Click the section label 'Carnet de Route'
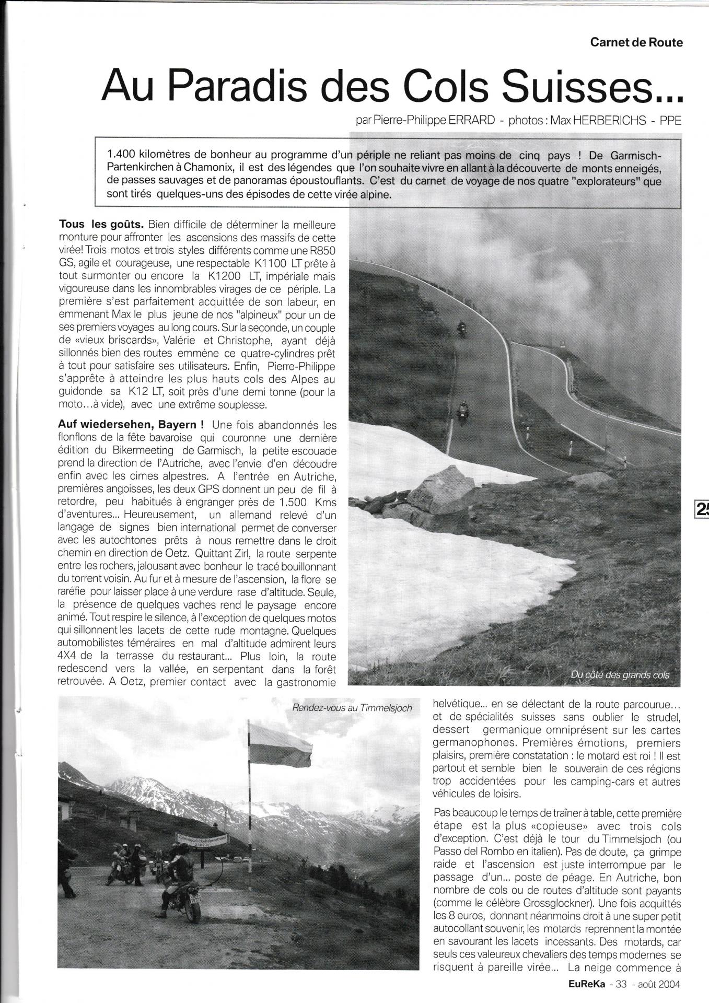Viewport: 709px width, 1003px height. (x=636, y=43)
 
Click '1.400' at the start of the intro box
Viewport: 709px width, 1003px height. (x=122, y=156)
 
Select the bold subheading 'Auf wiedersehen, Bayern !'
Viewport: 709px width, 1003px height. (x=131, y=425)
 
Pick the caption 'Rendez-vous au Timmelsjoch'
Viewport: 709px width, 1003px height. (x=353, y=708)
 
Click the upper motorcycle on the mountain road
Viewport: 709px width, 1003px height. (x=461, y=329)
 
